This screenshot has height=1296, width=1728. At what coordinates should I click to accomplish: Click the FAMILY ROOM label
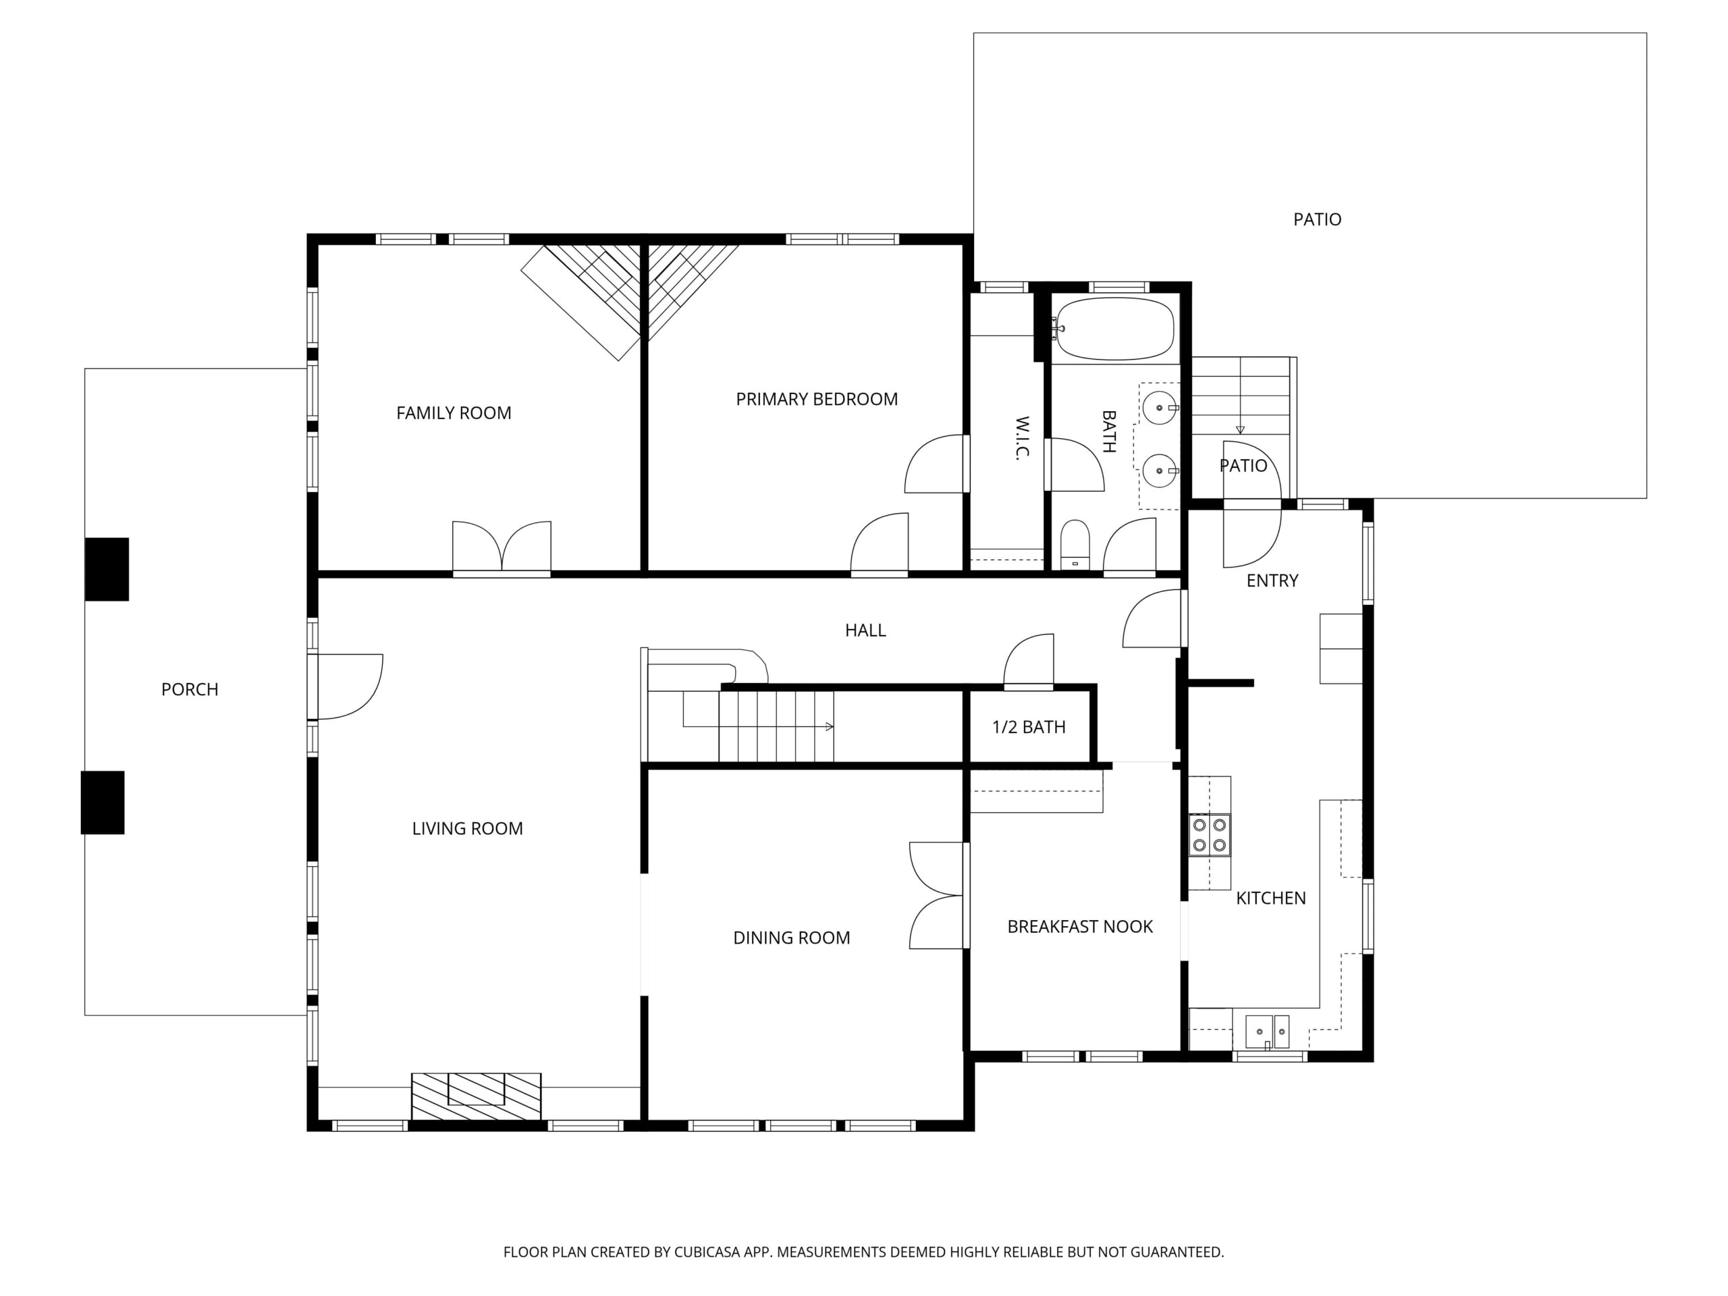(453, 412)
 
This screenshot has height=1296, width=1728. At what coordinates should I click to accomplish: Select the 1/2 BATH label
(1028, 727)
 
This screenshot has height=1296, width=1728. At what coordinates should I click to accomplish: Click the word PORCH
(190, 690)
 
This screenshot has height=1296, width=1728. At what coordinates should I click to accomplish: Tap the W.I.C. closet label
(1023, 437)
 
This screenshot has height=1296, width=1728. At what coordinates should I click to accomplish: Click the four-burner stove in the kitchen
(1210, 835)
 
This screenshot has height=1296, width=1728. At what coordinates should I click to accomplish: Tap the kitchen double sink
(1266, 1032)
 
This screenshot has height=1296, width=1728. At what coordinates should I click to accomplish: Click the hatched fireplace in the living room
(476, 1097)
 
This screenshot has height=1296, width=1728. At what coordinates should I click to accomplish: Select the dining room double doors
(938, 895)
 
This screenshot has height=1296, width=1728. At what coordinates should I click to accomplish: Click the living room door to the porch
(348, 686)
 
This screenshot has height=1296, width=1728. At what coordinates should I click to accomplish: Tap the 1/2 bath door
(1028, 661)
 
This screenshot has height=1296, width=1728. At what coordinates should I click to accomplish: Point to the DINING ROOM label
(791, 938)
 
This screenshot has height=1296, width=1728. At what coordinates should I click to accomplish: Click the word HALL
(865, 630)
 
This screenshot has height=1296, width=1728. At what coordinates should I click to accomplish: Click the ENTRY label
(1272, 580)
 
